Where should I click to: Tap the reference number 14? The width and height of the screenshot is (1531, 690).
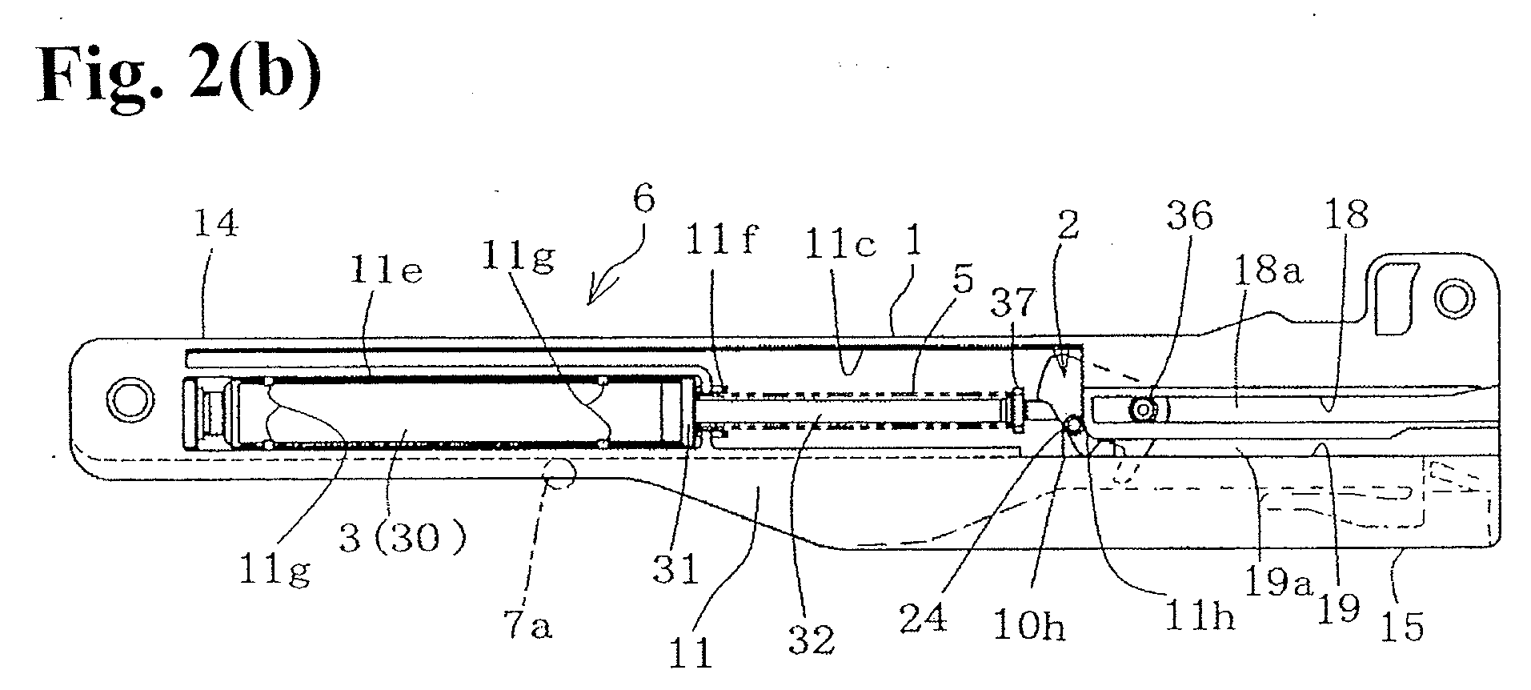tap(216, 225)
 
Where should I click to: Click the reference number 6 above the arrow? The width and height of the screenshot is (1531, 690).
tap(644, 199)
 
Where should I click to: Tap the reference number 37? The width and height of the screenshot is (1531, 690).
tap(1012, 303)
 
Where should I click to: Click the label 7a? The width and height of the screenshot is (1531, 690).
tap(530, 626)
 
